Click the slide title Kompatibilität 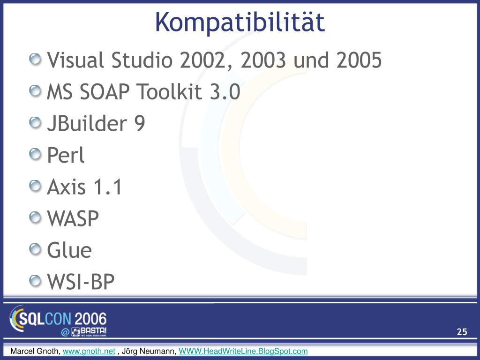click(240, 22)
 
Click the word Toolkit click(169, 91)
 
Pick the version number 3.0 click(225, 91)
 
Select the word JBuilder click(87, 123)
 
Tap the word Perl click(66, 155)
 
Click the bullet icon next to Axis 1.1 click(35, 186)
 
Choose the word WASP click(73, 218)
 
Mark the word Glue click(69, 250)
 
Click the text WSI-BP click(81, 282)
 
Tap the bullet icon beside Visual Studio click(35, 59)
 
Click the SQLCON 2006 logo click(58, 319)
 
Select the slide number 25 click(462, 332)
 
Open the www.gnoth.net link click(89, 351)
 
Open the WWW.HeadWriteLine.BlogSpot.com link click(243, 351)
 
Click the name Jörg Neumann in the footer click(149, 351)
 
